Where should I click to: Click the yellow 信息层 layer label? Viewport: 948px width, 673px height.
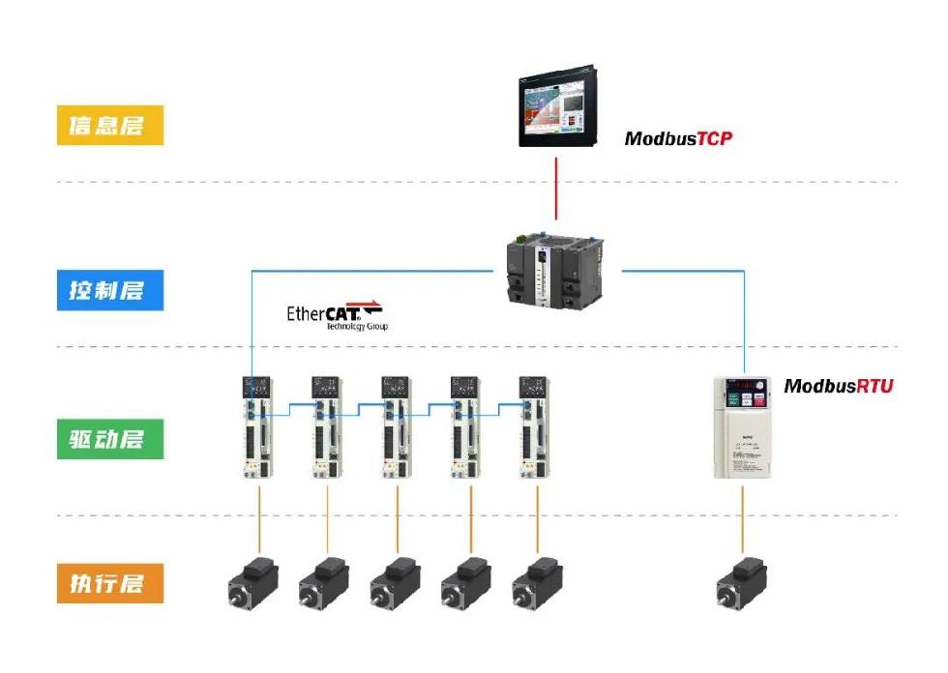[x=110, y=126]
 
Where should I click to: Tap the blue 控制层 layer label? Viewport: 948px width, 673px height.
[x=110, y=290]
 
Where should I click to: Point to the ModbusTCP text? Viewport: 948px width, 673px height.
[x=678, y=138]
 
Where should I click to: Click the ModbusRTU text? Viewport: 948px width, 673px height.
[x=838, y=386]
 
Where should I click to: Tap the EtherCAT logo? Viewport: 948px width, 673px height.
[x=335, y=315]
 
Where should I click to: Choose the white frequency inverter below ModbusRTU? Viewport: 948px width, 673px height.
[x=743, y=427]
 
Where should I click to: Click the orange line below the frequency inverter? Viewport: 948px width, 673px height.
[x=743, y=517]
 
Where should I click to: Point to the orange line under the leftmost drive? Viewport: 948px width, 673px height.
[x=259, y=517]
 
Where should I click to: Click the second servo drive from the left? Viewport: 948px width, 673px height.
[x=327, y=426]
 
